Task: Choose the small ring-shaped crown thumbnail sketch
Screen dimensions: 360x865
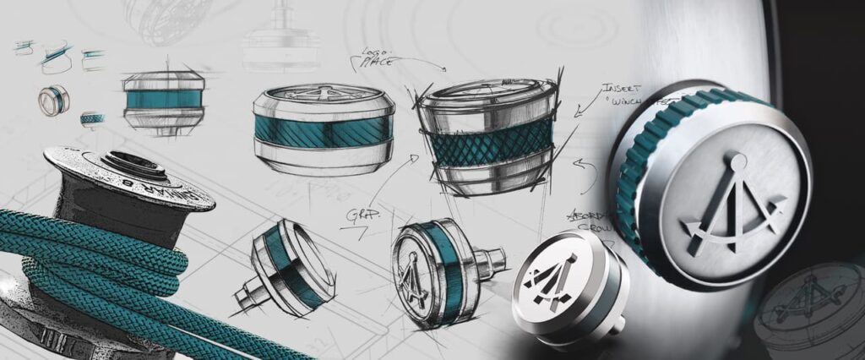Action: tap(53, 100)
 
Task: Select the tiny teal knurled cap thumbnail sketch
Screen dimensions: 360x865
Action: tap(91, 119)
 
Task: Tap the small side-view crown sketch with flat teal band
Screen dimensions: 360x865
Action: tap(163, 100)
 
